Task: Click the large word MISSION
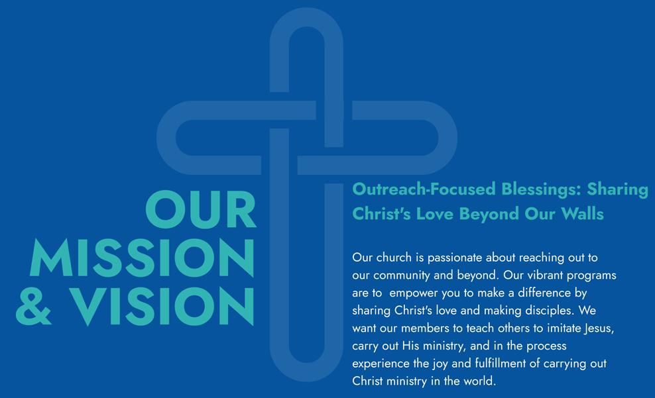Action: (x=142, y=258)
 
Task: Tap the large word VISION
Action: (x=161, y=306)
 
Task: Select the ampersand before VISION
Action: (x=33, y=306)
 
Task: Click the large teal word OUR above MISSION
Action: (x=200, y=209)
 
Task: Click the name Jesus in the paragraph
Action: (x=599, y=328)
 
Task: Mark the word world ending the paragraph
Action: (x=481, y=381)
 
